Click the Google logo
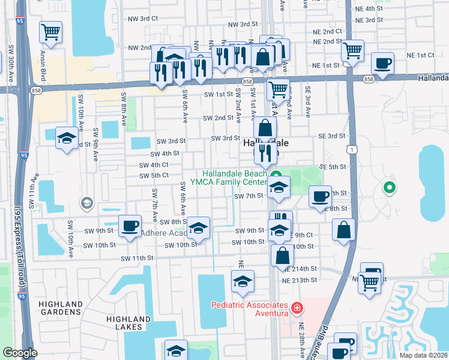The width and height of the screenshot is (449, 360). pyautogui.click(x=20, y=353)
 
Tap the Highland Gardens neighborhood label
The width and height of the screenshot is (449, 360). pyautogui.click(x=61, y=308)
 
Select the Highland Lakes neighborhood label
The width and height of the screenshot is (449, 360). pyautogui.click(x=128, y=323)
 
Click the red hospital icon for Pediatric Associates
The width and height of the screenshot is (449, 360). pyautogui.click(x=296, y=308)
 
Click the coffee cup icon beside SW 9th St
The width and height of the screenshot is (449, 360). pyautogui.click(x=130, y=226)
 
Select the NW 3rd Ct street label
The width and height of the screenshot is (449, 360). pyautogui.click(x=143, y=19)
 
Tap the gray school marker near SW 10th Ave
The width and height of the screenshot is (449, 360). pyautogui.click(x=87, y=203)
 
